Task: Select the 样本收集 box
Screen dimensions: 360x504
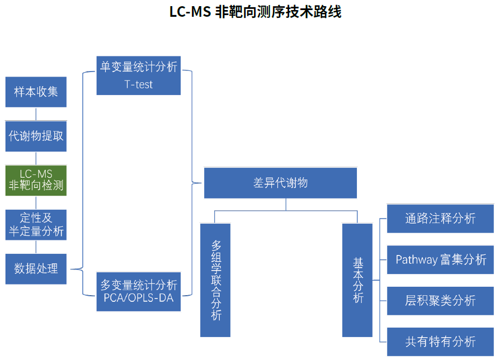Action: (x=36, y=92)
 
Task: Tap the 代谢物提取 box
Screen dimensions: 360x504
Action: (x=36, y=136)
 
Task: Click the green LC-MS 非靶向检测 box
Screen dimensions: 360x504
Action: (x=36, y=180)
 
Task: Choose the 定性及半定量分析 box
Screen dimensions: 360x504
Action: (x=36, y=225)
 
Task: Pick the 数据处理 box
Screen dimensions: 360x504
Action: (x=36, y=268)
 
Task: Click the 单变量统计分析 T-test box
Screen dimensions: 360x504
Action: (x=138, y=75)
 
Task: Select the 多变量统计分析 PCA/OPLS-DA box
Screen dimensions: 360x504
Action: (x=138, y=291)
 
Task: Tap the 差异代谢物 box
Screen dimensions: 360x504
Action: (x=280, y=183)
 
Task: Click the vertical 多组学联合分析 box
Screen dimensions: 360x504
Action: (x=215, y=280)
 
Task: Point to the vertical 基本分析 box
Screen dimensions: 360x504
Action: (x=357, y=280)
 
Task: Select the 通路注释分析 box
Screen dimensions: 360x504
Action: (x=440, y=218)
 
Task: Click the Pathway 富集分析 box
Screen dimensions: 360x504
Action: (x=440, y=259)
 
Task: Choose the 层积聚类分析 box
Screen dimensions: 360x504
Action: (x=440, y=301)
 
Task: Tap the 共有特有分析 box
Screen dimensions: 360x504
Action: (x=440, y=342)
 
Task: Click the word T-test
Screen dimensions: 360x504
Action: (x=138, y=85)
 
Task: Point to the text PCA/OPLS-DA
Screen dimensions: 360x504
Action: (x=138, y=298)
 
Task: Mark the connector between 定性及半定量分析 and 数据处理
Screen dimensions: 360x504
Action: (x=36, y=247)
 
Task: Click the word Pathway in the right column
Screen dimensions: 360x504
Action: (x=416, y=260)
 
